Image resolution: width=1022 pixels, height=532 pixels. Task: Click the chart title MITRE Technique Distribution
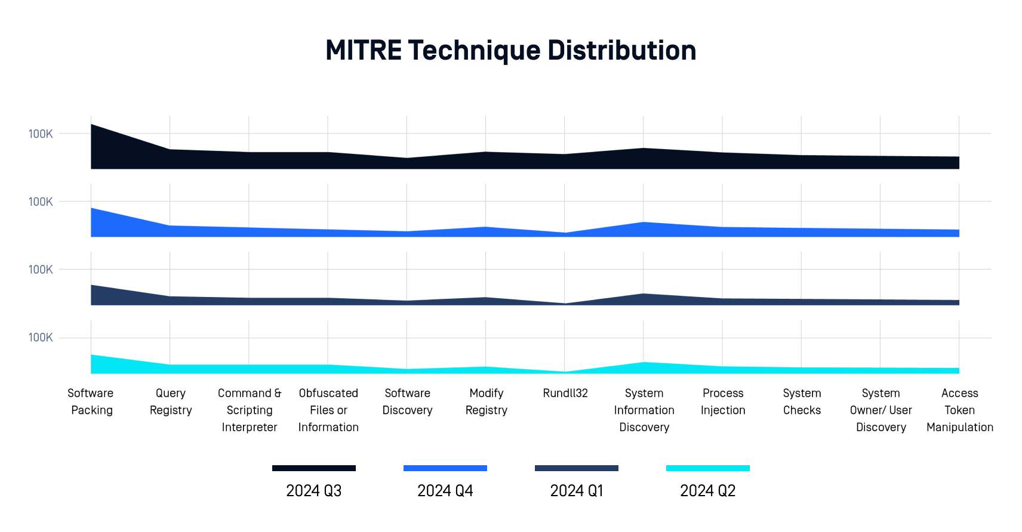tap(510, 50)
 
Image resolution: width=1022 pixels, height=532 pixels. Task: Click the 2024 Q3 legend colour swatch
tap(313, 468)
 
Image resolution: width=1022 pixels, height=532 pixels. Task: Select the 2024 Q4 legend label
tap(445, 491)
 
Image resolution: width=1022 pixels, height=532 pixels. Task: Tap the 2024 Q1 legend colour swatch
tap(576, 468)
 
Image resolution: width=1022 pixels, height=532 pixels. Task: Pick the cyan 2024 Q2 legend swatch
tap(707, 468)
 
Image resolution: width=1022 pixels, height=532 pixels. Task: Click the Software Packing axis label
tap(91, 401)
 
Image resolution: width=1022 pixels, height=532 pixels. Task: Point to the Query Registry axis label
tap(171, 401)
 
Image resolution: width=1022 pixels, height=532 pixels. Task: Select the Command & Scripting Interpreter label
tap(250, 410)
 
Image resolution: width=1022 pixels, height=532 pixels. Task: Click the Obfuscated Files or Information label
tap(328, 410)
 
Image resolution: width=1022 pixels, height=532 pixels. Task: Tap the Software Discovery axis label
tap(407, 401)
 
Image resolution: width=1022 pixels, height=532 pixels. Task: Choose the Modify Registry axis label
tap(487, 401)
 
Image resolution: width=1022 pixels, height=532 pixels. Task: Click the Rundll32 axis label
tap(565, 393)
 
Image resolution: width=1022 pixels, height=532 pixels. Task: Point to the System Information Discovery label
tap(644, 410)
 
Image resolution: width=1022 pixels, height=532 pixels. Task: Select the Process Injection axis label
tap(723, 401)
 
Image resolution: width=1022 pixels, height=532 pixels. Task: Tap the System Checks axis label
tap(802, 401)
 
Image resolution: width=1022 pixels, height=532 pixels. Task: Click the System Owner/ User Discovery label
tap(881, 410)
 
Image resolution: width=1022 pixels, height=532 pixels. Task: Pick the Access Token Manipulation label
tap(959, 410)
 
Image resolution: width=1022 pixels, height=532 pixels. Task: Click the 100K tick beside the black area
tap(41, 134)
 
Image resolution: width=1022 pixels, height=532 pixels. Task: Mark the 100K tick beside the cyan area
tap(41, 338)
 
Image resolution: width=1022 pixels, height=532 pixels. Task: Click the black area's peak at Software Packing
tap(92, 125)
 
